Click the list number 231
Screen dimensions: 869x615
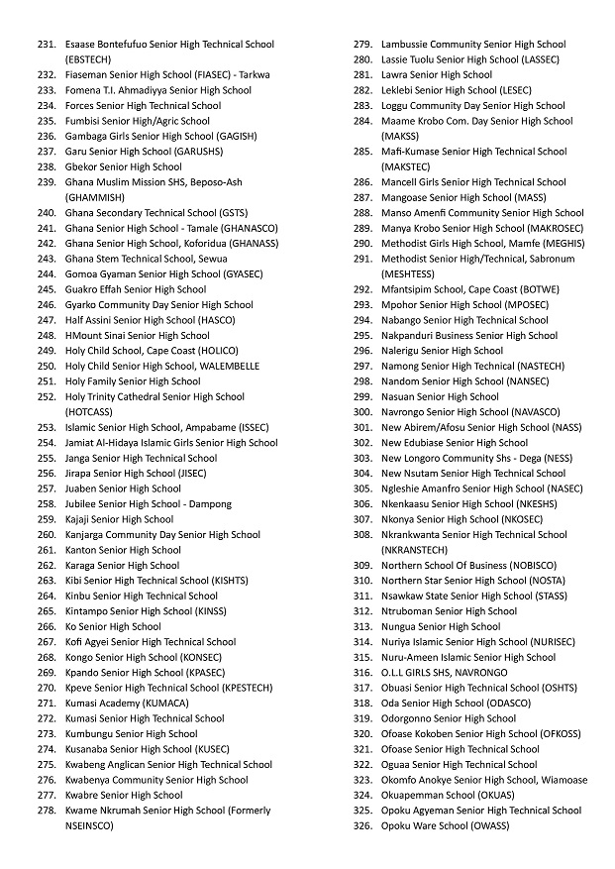[47, 45]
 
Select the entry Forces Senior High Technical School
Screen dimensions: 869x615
[143, 106]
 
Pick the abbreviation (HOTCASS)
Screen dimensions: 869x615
[89, 411]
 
